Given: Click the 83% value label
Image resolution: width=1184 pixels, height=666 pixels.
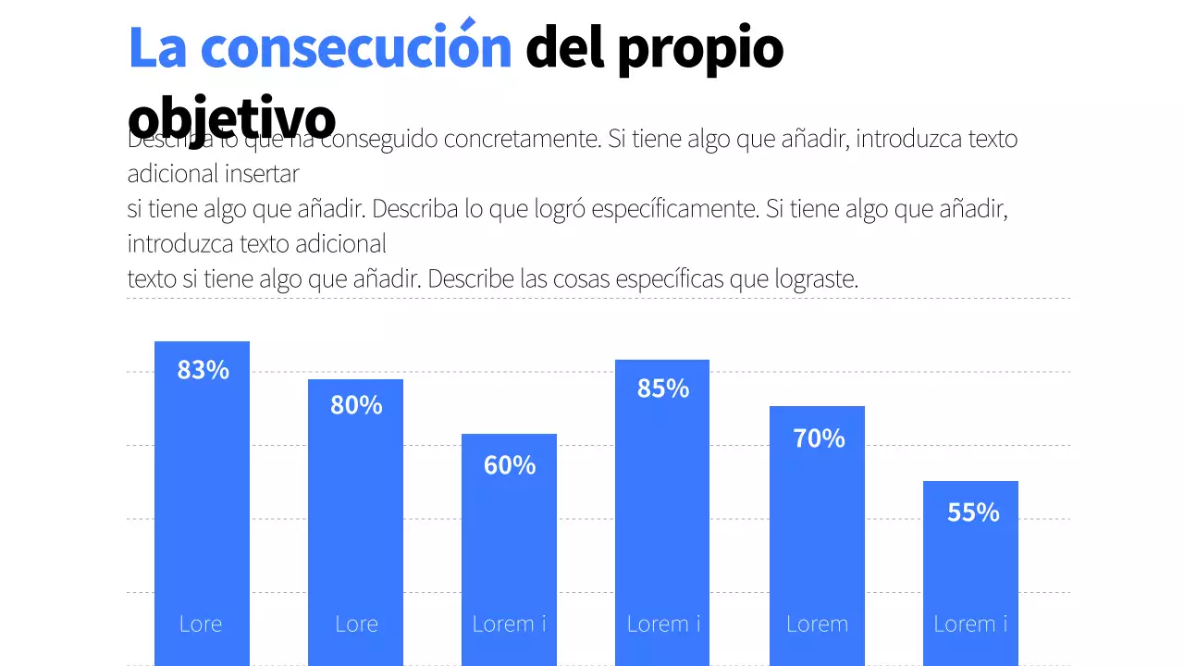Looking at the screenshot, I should pyautogui.click(x=203, y=370).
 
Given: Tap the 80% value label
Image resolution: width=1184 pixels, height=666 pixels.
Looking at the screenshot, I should pyautogui.click(x=356, y=405).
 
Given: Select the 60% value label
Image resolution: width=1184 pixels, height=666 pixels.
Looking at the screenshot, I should pyautogui.click(x=510, y=465).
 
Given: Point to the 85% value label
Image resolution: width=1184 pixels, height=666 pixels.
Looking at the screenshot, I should pyautogui.click(x=663, y=389).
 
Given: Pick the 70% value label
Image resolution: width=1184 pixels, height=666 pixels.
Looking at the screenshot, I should pyautogui.click(x=819, y=438).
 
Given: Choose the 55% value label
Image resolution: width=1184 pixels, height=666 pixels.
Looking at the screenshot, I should pyautogui.click(x=973, y=512).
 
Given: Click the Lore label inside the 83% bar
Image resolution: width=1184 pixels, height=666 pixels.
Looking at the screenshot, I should pyautogui.click(x=201, y=623).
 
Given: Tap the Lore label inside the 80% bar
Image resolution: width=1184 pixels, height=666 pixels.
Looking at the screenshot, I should pyautogui.click(x=356, y=623).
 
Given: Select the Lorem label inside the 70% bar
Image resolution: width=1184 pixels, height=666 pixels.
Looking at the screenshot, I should pyautogui.click(x=817, y=623).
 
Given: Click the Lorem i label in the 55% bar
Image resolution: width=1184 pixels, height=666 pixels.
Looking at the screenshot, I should pyautogui.click(x=970, y=623).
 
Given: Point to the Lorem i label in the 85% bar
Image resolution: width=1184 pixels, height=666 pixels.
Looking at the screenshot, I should pyautogui.click(x=663, y=623).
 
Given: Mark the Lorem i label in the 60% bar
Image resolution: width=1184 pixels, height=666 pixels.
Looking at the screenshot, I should pyautogui.click(x=509, y=623).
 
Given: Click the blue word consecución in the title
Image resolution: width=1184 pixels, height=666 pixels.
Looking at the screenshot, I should pyautogui.click(x=356, y=49).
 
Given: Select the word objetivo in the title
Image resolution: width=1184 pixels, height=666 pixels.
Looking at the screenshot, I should pyautogui.click(x=231, y=117).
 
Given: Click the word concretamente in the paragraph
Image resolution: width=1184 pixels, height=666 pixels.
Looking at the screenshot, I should pyautogui.click(x=522, y=140).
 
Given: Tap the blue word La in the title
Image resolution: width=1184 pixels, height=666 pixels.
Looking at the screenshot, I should pyautogui.click(x=157, y=49).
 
